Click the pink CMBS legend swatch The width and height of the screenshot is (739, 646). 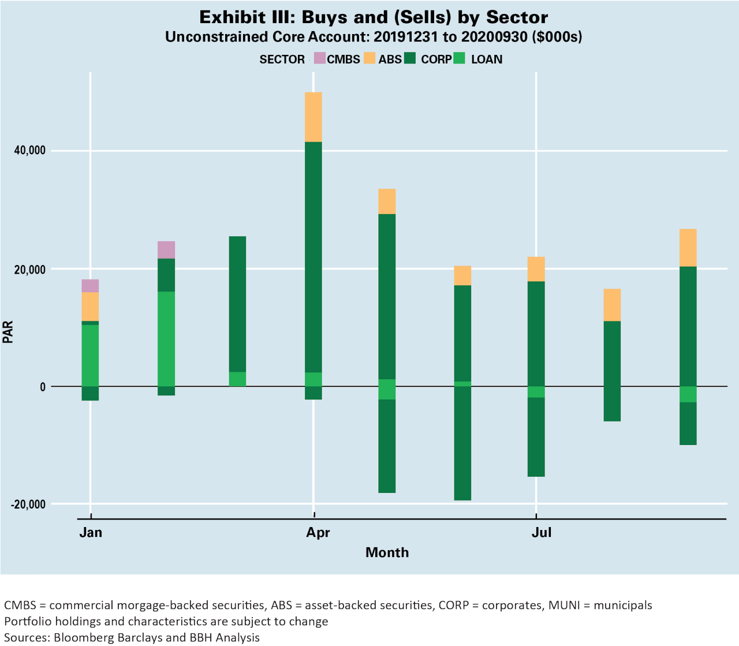point(319,59)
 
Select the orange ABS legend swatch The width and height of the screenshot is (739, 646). point(369,59)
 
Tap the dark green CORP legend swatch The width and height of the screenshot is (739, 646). point(410,59)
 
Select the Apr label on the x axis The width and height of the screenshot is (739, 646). point(318,532)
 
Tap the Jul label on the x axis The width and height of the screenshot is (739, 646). point(541,532)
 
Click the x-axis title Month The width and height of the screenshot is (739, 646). point(387,552)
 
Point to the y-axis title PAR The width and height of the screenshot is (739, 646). point(8,333)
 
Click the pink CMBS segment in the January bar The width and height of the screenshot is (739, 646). point(90,286)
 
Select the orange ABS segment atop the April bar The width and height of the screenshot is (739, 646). point(313,117)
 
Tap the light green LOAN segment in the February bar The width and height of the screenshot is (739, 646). point(166,339)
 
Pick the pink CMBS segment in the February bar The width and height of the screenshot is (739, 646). point(166,250)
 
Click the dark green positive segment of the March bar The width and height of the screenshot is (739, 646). point(237,304)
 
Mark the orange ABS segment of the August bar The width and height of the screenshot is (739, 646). point(612,305)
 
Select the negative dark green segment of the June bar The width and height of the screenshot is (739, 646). point(462,443)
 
